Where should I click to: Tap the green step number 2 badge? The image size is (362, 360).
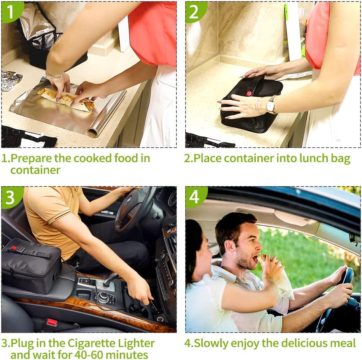coord(195,11)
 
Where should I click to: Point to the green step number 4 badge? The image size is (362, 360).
coord(195,197)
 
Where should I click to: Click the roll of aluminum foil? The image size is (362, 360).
coord(106,113)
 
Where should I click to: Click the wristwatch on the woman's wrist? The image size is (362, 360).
coord(271,105)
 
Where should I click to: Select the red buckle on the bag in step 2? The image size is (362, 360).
coord(249,93)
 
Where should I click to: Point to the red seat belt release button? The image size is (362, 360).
coord(52,322)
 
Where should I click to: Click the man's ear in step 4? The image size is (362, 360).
coord(229,248)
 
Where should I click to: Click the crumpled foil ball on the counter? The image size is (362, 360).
coord(11,80)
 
